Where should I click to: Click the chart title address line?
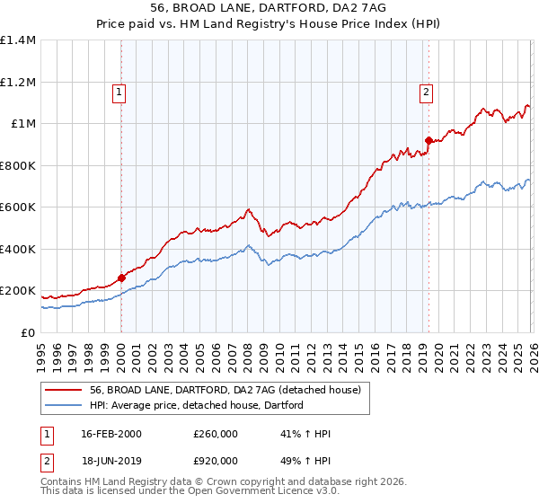(x=269, y=8)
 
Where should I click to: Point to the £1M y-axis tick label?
(x=23, y=124)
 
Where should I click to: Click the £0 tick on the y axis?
(x=29, y=333)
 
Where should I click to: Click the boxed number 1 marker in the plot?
(x=119, y=90)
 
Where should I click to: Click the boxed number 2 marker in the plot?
(x=425, y=90)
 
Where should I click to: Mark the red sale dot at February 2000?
(x=121, y=278)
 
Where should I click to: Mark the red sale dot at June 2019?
(x=429, y=140)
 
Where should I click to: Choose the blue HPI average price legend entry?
(x=196, y=405)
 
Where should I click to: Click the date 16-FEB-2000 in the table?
(x=110, y=435)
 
